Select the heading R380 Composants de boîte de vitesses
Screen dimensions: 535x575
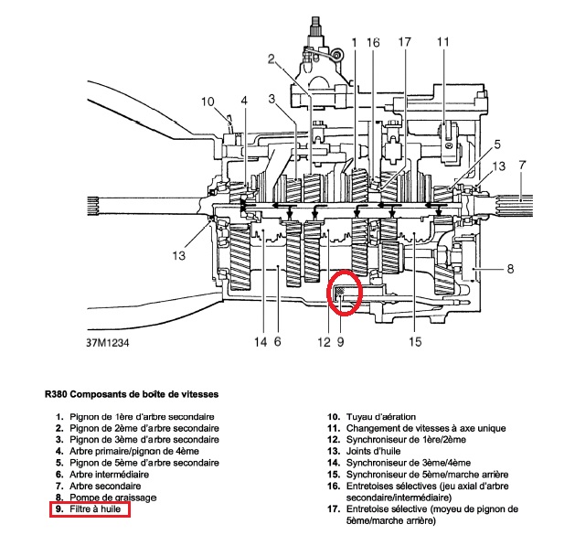coord(132,396)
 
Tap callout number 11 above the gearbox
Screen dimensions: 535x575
coord(443,43)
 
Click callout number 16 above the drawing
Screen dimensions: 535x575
coord(373,43)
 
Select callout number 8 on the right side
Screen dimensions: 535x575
coord(510,269)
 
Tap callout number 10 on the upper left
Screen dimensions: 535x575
coord(208,102)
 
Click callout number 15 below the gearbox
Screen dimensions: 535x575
coord(415,343)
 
